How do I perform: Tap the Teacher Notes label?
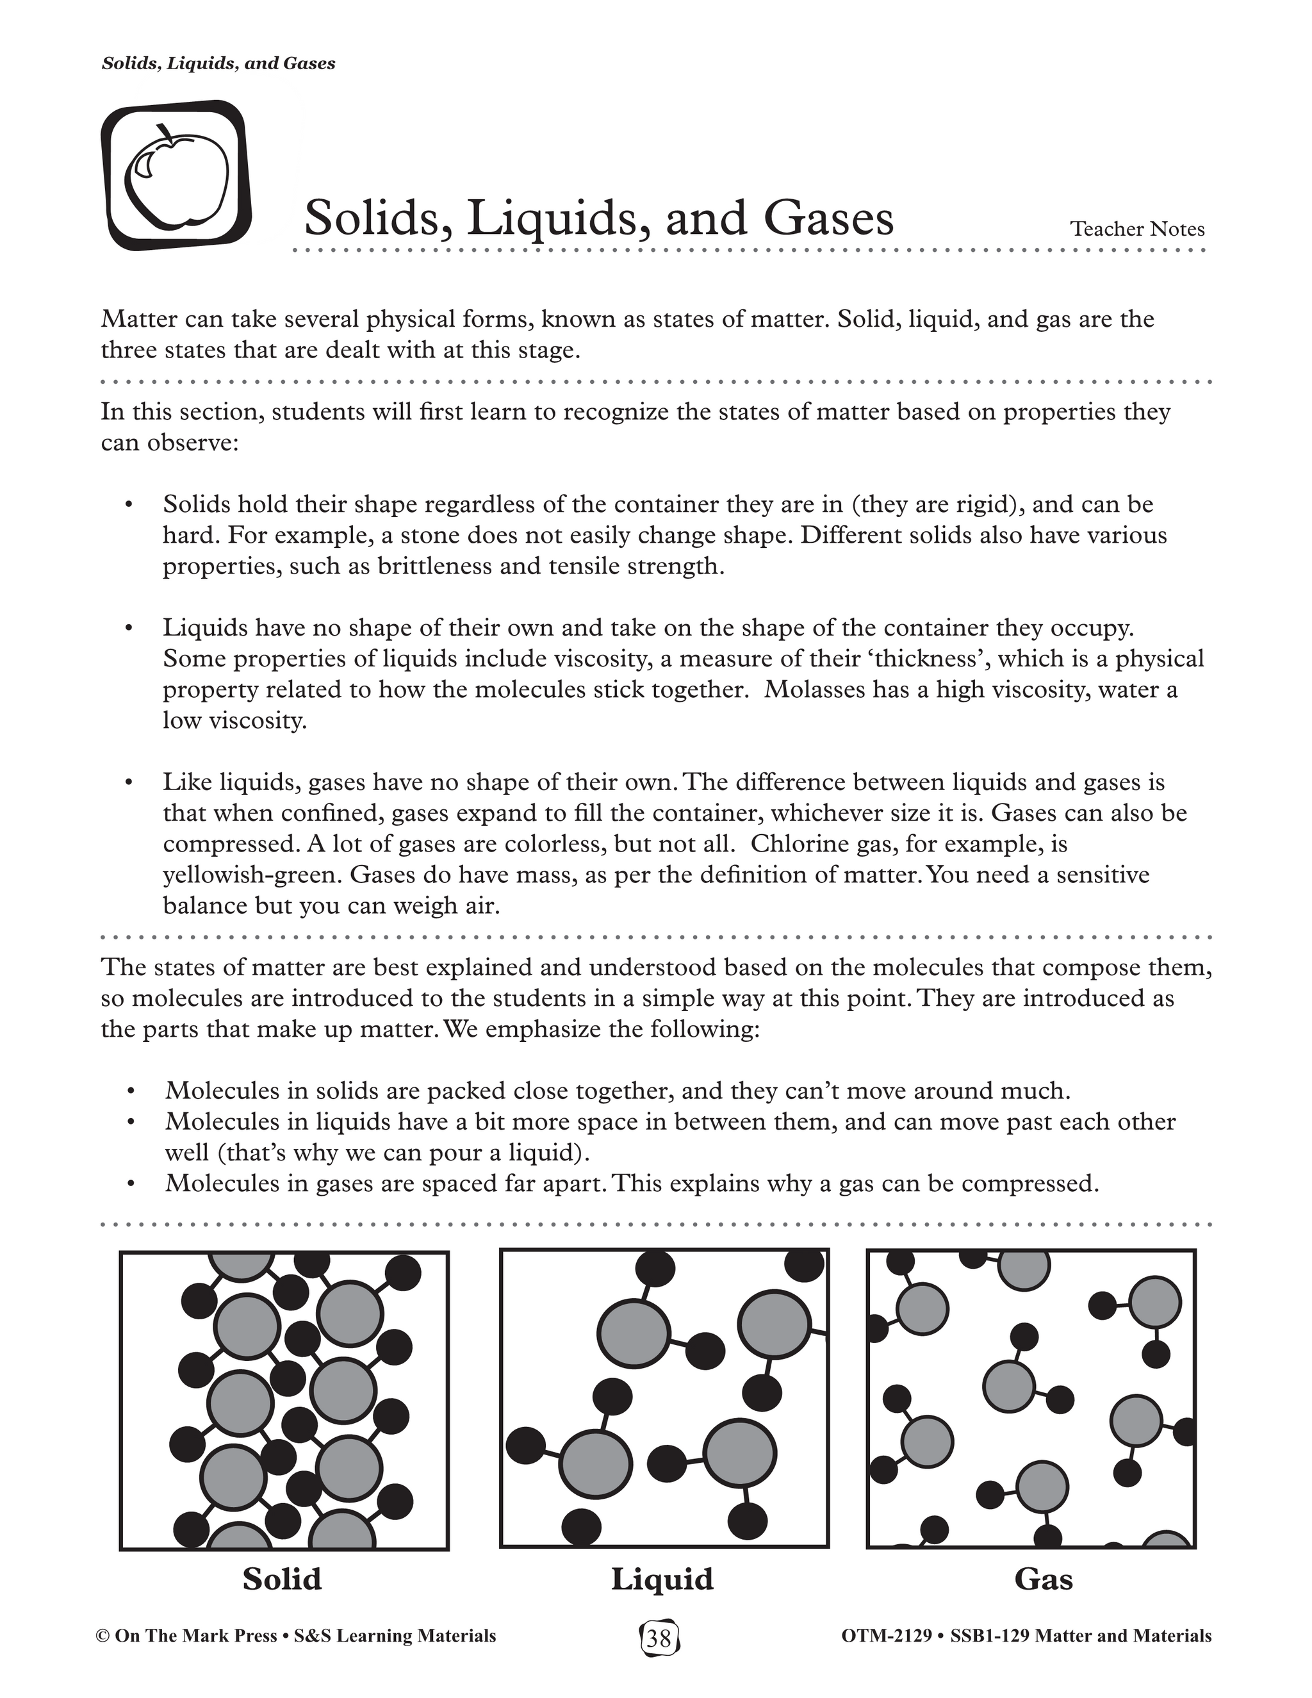(1136, 229)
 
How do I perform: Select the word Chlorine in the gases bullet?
(802, 845)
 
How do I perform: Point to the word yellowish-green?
(252, 875)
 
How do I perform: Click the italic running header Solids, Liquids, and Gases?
(218, 63)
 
